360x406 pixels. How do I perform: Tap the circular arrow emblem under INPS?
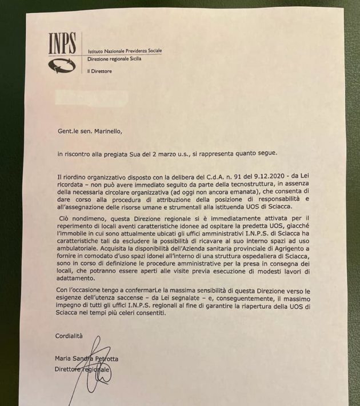[x=61, y=66]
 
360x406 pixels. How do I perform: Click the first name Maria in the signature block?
[x=62, y=359]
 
